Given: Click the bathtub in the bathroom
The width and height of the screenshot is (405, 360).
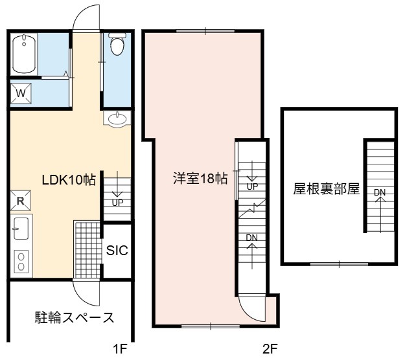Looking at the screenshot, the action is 24,54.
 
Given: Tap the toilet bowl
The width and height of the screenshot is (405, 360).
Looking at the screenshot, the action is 117,44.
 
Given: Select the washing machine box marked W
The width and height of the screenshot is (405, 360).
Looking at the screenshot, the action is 21,93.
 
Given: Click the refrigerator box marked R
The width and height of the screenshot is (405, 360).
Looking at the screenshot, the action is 20,201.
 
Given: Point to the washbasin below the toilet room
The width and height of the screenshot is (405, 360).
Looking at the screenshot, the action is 117,118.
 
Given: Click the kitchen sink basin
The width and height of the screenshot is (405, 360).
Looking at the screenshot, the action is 21,229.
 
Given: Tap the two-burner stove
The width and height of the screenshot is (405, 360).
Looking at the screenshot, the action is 21,261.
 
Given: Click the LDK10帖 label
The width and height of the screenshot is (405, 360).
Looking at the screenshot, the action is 69,179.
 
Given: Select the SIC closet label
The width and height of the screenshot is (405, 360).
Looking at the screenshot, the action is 117,250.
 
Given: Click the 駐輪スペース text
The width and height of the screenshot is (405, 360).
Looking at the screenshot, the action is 75,317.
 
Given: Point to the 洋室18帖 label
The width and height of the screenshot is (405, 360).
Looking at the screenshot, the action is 200,179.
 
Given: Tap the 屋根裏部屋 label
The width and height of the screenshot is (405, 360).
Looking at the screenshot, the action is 326,189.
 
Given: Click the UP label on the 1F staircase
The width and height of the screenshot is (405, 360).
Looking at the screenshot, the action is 117,203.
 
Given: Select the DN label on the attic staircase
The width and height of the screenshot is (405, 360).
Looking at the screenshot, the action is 380,192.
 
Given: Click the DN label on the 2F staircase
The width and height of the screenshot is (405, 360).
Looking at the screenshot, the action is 252,238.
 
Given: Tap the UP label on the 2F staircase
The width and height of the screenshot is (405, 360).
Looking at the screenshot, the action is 252,186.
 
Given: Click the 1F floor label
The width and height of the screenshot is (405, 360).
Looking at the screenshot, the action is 121,350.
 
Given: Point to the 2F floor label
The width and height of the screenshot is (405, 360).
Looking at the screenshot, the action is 270,350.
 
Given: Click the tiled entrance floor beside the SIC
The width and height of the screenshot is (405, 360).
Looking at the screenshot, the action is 87,249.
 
